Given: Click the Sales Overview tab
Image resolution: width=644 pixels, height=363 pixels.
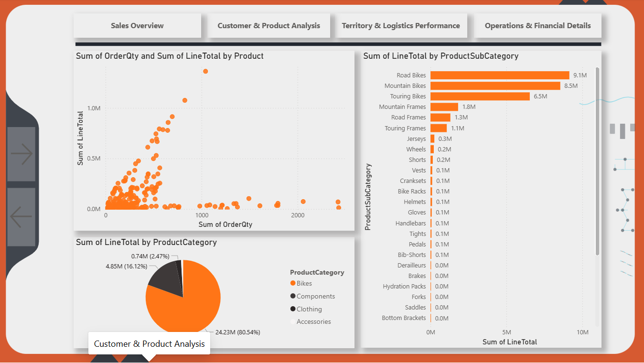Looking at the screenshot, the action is tap(137, 26).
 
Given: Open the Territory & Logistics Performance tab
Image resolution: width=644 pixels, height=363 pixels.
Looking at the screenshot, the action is tap(401, 26).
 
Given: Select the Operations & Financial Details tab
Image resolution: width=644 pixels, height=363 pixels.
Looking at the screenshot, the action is tap(537, 26).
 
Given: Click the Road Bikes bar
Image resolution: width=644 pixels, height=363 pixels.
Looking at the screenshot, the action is tap(500, 75).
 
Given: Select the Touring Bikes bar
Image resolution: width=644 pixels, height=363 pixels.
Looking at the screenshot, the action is tap(480, 96).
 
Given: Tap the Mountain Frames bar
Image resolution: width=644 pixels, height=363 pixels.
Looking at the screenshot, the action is tap(444, 107).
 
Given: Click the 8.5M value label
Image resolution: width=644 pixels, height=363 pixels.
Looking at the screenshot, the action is tap(571, 85).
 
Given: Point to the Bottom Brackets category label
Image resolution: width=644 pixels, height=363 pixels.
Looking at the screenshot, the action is tap(404, 318).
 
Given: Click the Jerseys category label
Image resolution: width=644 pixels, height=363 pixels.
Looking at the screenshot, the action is tap(416, 139).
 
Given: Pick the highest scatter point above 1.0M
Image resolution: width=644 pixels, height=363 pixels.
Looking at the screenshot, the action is tap(205, 71).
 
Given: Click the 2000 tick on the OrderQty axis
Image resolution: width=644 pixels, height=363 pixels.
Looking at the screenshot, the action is tap(298, 215).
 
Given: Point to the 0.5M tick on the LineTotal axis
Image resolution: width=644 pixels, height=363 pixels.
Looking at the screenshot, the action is tap(94, 159).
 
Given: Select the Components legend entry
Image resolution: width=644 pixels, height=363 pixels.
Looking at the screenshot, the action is tap(312, 296).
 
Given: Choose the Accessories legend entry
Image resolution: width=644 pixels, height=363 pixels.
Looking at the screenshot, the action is tap(311, 321).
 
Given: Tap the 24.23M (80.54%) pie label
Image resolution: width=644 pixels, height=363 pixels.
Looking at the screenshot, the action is tap(238, 332).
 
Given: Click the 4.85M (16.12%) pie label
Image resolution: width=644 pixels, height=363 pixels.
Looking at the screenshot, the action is tap(127, 267).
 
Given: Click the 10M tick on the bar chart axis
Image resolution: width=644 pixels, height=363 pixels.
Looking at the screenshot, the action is tap(582, 332).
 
